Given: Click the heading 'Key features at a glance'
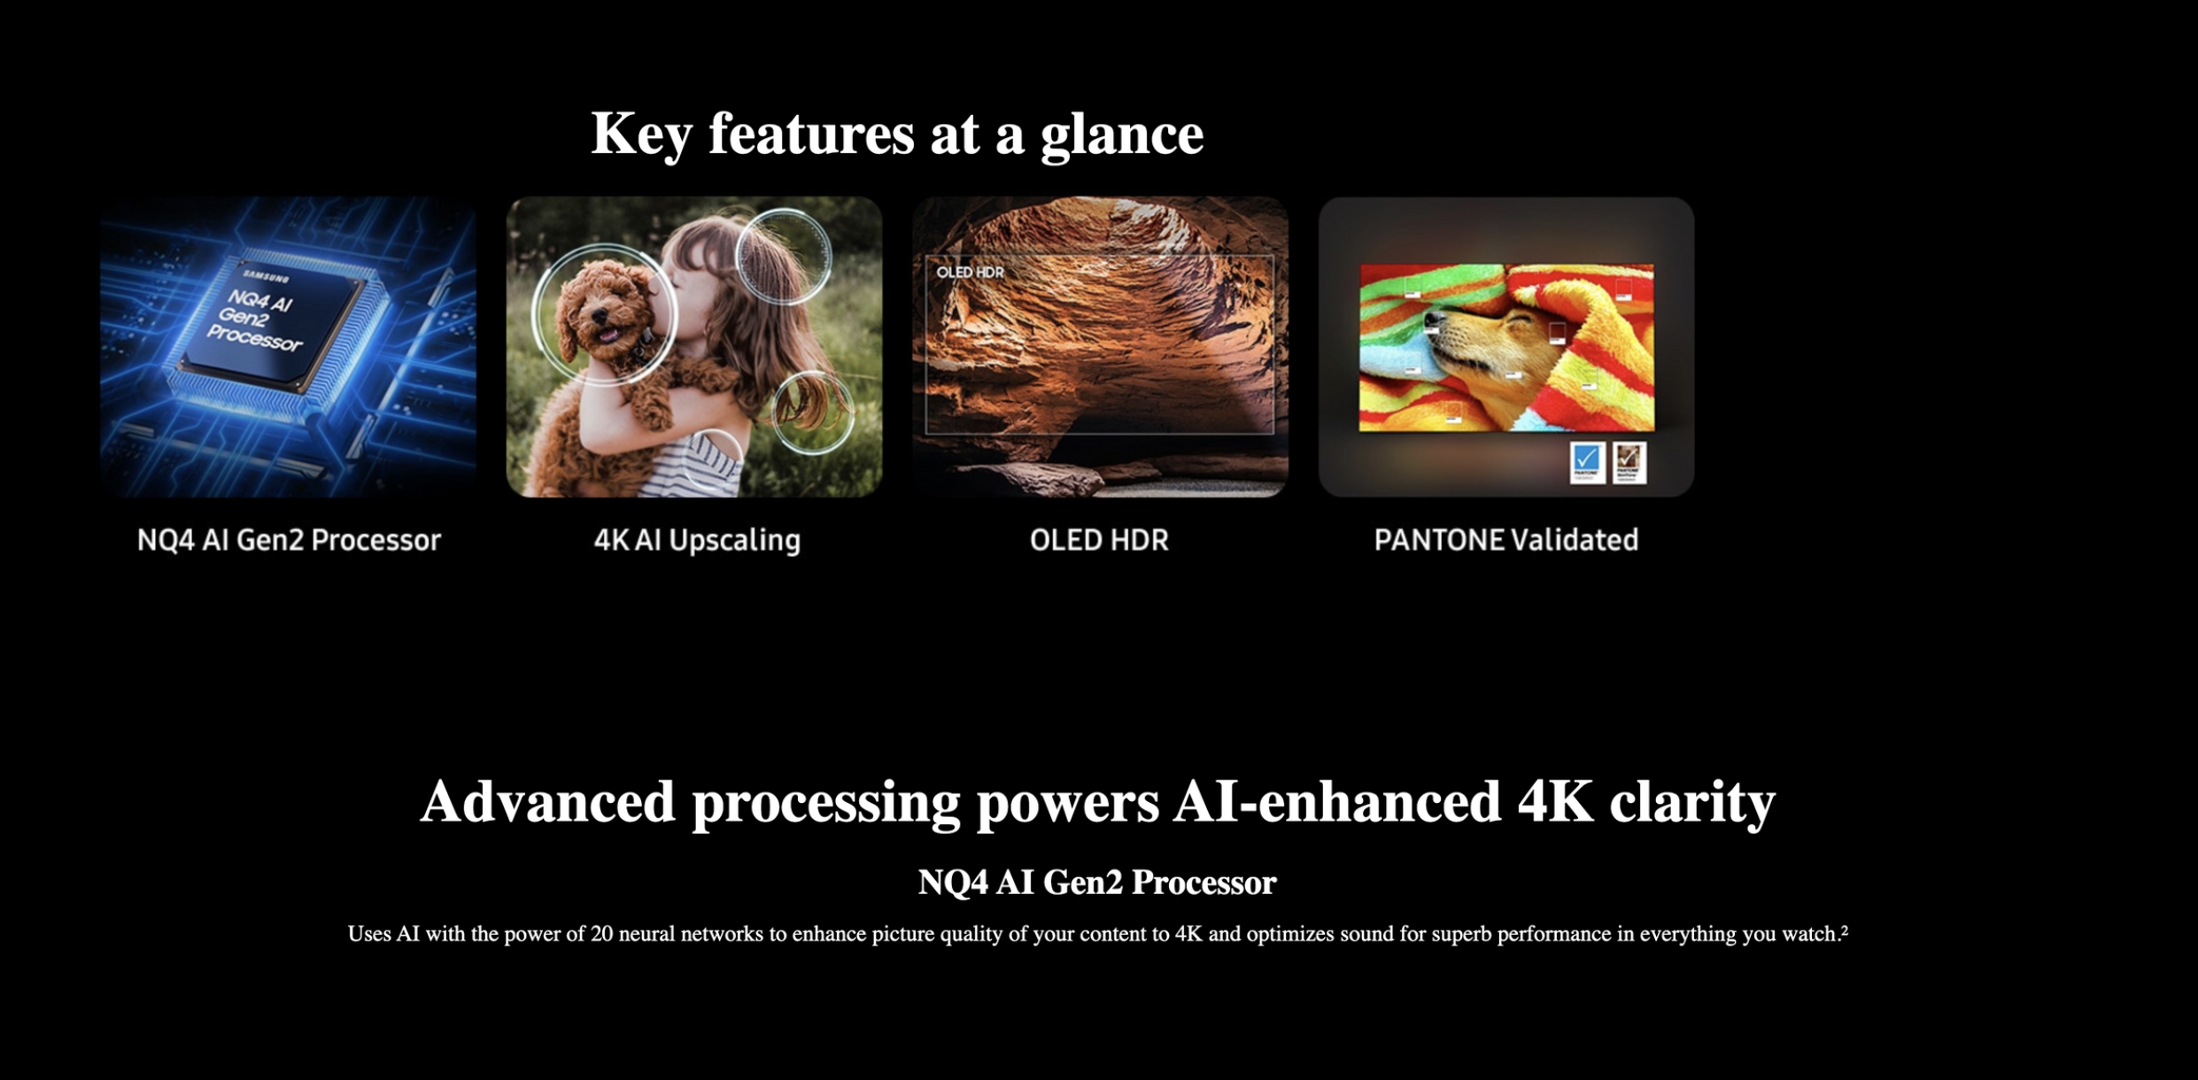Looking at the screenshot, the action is coord(897,135).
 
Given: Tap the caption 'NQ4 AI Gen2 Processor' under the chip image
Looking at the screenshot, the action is coord(289,540).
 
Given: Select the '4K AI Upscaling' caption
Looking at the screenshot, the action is coord(697,540).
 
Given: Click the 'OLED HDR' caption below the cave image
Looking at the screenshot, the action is coord(1099,540).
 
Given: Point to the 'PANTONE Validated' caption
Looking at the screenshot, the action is coord(1505,540).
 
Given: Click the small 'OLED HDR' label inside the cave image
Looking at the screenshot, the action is coord(971,272).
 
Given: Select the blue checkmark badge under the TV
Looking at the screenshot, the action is coord(1586,462).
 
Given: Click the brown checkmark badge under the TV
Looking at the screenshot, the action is coord(1629,462).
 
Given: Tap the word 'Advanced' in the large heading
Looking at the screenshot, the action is coord(548,802).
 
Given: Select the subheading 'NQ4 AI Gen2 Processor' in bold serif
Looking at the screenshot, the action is coord(1097,883).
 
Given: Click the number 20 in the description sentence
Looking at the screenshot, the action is coord(602,934).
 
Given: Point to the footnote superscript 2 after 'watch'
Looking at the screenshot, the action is coord(1845,930).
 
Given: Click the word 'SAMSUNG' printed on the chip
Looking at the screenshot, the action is coord(266,277).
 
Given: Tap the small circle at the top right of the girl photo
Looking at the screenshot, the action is coord(784,256).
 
